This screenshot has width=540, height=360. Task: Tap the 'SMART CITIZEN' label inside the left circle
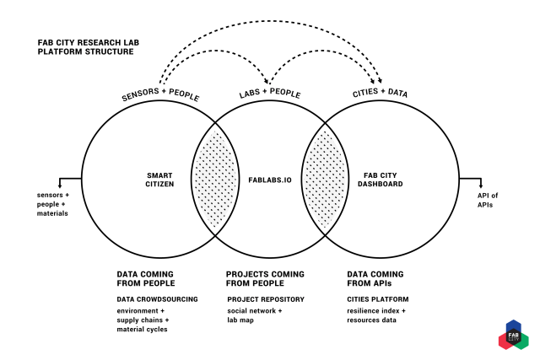159,179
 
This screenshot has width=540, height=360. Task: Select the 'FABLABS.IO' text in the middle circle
265,179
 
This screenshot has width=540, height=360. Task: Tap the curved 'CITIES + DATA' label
380,94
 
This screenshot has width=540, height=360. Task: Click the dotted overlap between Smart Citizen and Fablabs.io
211,179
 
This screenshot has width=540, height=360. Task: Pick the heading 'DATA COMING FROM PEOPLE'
145,279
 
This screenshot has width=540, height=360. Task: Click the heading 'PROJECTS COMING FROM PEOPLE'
265,279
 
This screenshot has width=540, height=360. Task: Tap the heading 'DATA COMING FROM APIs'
375,279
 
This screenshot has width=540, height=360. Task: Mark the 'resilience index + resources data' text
377,316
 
